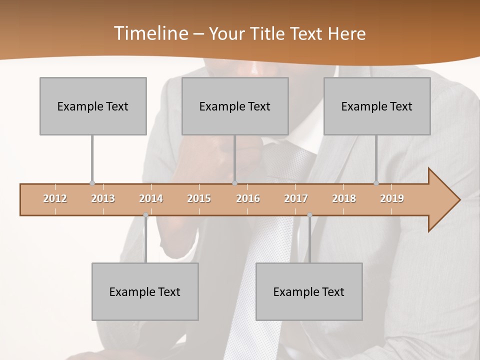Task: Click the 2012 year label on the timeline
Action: [x=55, y=198]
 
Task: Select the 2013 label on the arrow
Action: [x=103, y=198]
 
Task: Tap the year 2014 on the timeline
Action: [x=151, y=198]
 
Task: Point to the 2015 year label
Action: [x=199, y=198]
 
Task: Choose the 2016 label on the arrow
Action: [x=248, y=198]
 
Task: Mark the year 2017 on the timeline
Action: [x=296, y=198]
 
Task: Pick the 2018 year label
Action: [x=344, y=198]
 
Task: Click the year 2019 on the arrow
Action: [x=392, y=198]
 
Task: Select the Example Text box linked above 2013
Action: [x=93, y=106]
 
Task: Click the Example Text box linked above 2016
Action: [x=235, y=106]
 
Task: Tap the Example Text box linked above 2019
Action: [x=377, y=106]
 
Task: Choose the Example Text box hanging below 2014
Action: [x=145, y=291]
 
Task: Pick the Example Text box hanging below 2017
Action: [x=309, y=291]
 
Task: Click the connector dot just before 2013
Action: [x=92, y=183]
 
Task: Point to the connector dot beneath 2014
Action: [x=145, y=215]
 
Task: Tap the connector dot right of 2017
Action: [x=309, y=215]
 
